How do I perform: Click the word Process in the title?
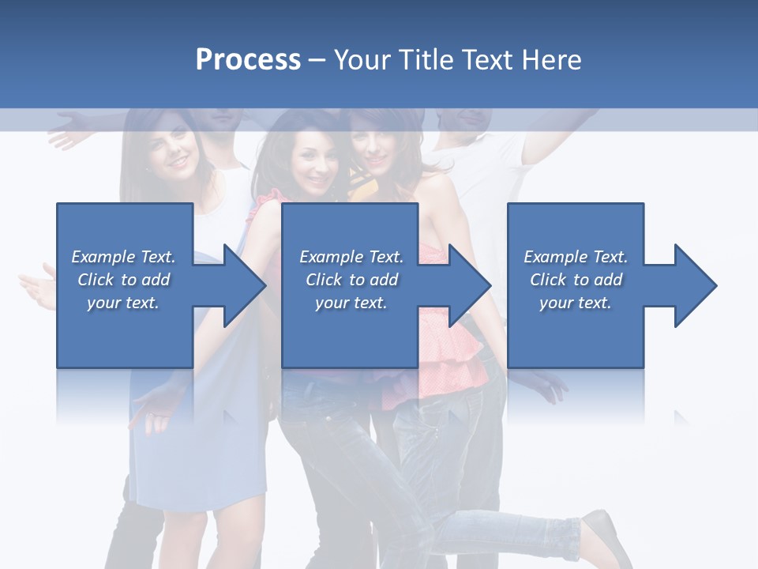point(248,60)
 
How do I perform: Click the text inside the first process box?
point(123,280)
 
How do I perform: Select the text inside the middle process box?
point(351,280)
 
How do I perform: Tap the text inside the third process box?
point(576,280)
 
